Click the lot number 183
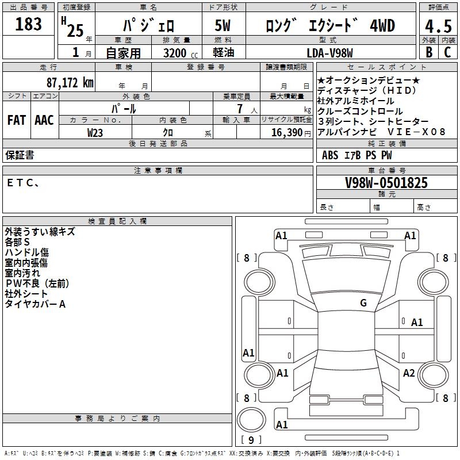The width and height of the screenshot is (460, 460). [x=29, y=24]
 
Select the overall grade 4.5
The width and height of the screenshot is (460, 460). [x=438, y=25]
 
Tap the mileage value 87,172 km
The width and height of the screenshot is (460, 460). [x=70, y=82]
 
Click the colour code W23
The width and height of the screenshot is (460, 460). [x=95, y=132]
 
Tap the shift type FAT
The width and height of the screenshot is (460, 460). [x=16, y=120]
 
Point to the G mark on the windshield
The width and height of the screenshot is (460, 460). [x=363, y=303]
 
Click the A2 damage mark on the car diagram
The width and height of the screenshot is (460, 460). [x=409, y=373]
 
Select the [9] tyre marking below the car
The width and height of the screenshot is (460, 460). [x=251, y=440]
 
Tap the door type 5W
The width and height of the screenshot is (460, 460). [x=224, y=26]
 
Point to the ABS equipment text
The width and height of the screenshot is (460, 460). [x=330, y=155]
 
